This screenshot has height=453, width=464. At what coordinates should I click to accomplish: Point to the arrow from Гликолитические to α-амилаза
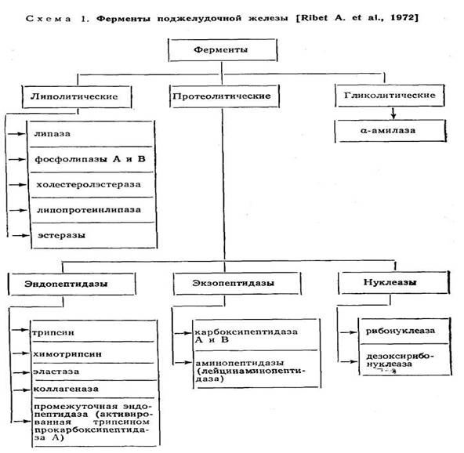click(x=393, y=114)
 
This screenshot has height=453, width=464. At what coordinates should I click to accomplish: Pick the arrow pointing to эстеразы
click(x=20, y=236)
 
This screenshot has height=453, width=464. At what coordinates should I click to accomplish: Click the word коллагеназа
click(x=66, y=389)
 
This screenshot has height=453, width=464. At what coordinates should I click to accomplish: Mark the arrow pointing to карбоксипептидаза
click(x=183, y=333)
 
